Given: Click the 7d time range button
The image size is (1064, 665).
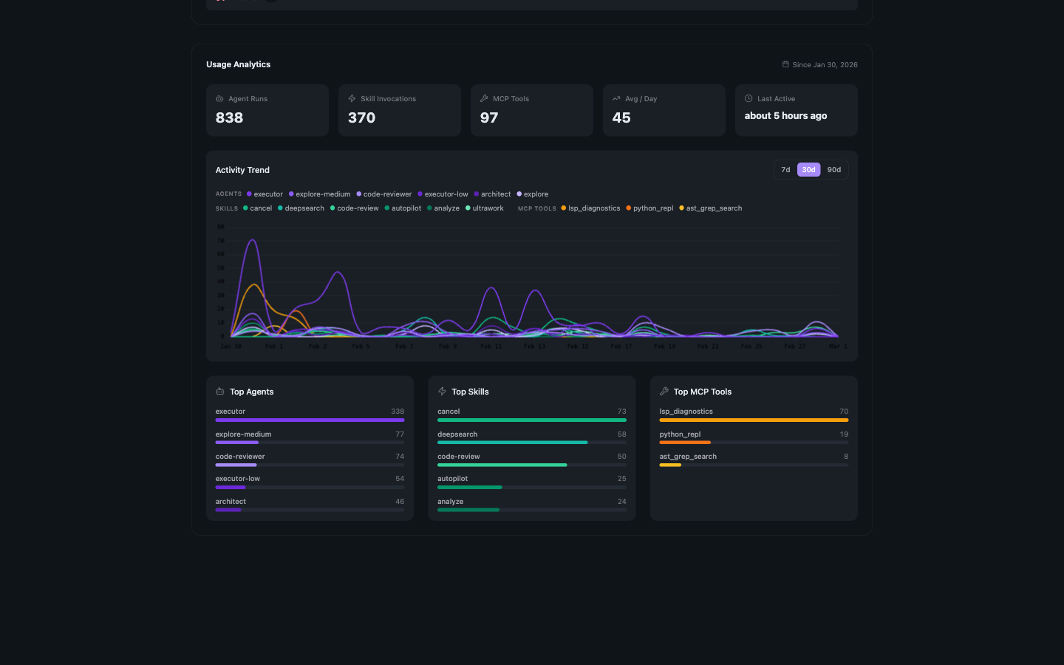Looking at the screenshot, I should (x=785, y=170).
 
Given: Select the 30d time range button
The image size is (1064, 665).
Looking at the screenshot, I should (x=808, y=170).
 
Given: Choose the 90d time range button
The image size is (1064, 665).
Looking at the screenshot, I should (x=833, y=170).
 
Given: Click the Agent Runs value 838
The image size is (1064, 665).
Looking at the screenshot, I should (x=229, y=118).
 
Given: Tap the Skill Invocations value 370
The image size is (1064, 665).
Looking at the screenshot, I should (x=361, y=118).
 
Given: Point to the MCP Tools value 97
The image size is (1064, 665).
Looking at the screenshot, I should (x=488, y=118).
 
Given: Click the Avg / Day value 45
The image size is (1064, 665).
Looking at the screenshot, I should (x=621, y=118).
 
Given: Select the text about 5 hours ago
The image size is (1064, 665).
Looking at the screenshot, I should (x=785, y=116).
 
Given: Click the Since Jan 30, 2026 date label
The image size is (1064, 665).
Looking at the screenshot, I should (x=825, y=65).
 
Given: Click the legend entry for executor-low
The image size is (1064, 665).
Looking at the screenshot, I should (x=446, y=194).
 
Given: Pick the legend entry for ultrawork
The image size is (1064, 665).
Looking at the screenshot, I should (x=488, y=208).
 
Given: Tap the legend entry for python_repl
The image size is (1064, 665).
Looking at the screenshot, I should (x=652, y=208).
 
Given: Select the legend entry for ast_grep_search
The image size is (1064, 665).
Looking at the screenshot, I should (x=713, y=208).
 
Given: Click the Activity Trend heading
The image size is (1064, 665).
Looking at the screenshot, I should (x=242, y=170).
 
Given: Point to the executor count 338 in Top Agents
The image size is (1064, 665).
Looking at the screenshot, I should (x=398, y=412).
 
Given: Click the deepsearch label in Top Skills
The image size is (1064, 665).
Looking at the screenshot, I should (x=457, y=434).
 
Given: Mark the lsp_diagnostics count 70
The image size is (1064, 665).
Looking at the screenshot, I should (x=843, y=412).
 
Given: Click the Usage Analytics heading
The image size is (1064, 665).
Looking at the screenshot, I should (x=238, y=65).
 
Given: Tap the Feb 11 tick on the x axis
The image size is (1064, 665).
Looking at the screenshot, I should (x=491, y=347).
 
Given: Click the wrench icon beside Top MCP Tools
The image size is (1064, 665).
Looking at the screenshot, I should (x=664, y=392).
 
